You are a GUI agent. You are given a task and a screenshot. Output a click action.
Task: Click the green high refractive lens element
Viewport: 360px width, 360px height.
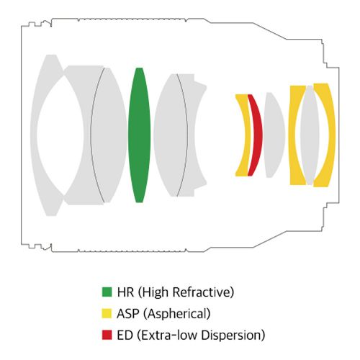click(139, 135)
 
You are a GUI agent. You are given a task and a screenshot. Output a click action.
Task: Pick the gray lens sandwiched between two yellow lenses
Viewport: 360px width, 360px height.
click(310, 135)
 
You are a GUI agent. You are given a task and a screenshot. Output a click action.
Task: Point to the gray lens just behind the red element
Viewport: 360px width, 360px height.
click(274, 135)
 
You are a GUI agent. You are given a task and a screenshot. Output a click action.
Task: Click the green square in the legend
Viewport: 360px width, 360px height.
click(107, 292)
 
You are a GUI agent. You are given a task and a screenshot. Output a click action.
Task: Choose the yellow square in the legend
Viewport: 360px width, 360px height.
click(107, 313)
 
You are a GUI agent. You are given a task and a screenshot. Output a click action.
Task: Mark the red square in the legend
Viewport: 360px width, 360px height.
click(107, 335)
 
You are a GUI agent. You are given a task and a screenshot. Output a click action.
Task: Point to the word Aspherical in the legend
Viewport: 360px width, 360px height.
click(177, 314)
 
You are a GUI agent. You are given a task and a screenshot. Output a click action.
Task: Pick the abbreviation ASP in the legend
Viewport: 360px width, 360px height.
click(128, 314)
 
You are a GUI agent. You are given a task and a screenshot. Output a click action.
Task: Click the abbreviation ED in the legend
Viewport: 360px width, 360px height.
click(125, 335)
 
